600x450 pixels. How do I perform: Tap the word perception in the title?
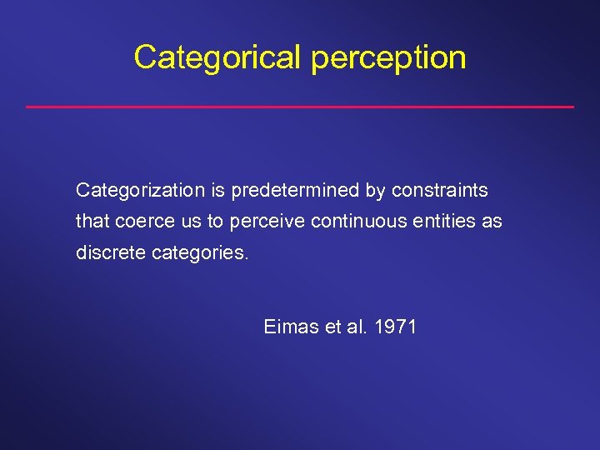pos(387,58)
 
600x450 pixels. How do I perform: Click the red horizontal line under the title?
pos(300,107)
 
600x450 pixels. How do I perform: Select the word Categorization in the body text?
pos(140,191)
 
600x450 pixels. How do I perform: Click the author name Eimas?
pos(291,327)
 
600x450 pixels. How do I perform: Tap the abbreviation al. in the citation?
pos(356,327)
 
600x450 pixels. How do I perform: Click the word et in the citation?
pos(332,327)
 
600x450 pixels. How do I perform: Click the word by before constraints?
pos(374,192)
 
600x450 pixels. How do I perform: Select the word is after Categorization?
pos(217,191)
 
